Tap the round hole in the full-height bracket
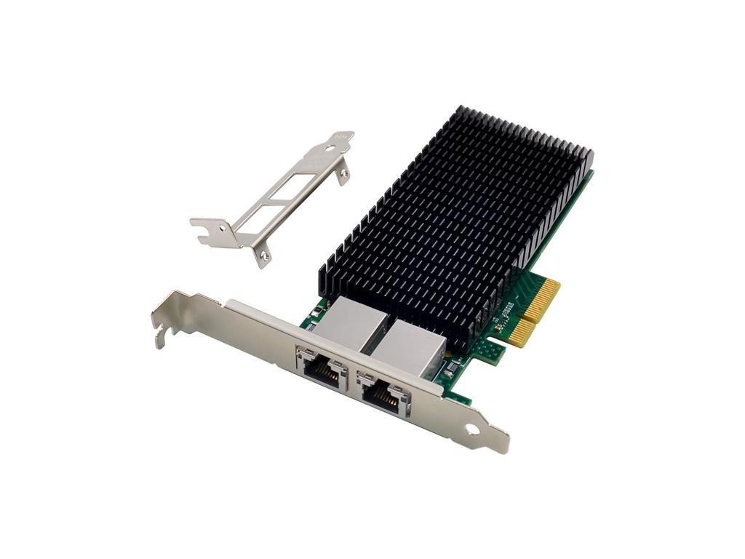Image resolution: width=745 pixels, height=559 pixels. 472,429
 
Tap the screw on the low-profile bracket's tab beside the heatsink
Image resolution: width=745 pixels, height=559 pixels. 340,173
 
